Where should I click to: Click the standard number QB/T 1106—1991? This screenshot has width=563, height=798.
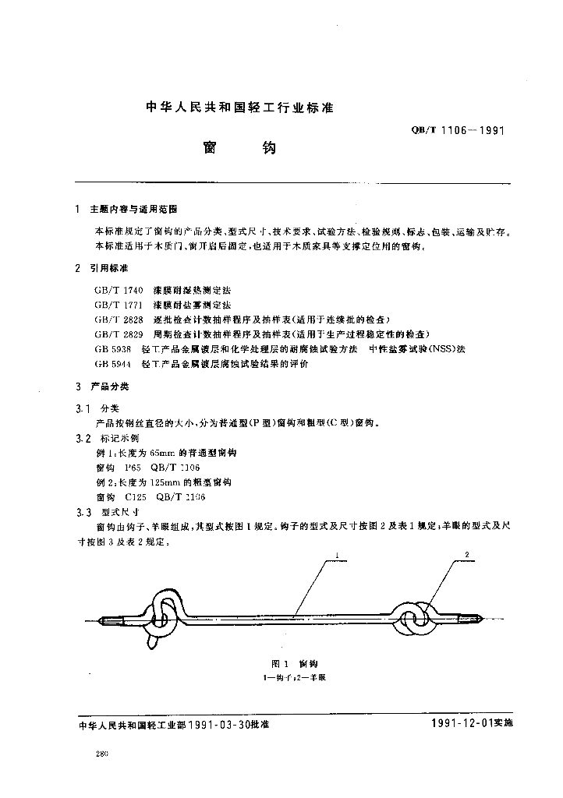(457, 132)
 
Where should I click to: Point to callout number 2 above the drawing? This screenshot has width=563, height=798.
(466, 555)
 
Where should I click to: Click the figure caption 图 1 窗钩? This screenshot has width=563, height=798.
(294, 663)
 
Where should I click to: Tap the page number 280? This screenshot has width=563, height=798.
(101, 754)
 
